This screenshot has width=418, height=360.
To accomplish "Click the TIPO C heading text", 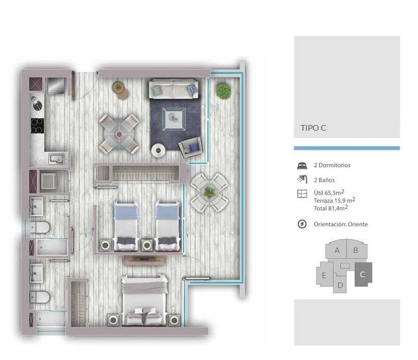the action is pyautogui.click(x=313, y=128).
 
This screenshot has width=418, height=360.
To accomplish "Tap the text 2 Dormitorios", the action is pyautogui.click(x=332, y=165).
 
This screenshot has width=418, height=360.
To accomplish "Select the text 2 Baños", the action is pyautogui.click(x=324, y=180).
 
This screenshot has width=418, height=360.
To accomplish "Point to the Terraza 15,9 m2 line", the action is pyautogui.click(x=334, y=200).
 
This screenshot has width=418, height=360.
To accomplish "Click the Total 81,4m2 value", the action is pyautogui.click(x=331, y=208).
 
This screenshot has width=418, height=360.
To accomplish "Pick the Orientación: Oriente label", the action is pyautogui.click(x=341, y=224).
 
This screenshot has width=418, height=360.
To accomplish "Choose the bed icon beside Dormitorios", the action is pyautogui.click(x=302, y=165).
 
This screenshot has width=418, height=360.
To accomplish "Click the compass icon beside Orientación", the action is pyautogui.click(x=302, y=224).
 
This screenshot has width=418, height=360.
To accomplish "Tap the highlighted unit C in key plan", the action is pyautogui.click(x=363, y=275).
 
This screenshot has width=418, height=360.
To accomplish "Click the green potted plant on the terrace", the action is pyautogui.click(x=223, y=90).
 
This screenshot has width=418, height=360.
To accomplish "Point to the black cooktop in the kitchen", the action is pyautogui.click(x=37, y=126).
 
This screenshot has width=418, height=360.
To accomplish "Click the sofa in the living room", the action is pyautogui.click(x=173, y=88).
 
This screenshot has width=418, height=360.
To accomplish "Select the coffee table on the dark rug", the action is pyautogui.click(x=174, y=119).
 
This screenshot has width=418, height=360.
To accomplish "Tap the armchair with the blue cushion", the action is pyautogui.click(x=191, y=147).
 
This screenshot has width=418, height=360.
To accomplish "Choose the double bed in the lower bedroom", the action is pyautogui.click(x=144, y=300).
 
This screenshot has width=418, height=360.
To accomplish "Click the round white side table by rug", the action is pyautogui.click(x=159, y=151).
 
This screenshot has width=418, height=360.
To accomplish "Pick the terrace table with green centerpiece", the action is pyautogui.click(x=210, y=192).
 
